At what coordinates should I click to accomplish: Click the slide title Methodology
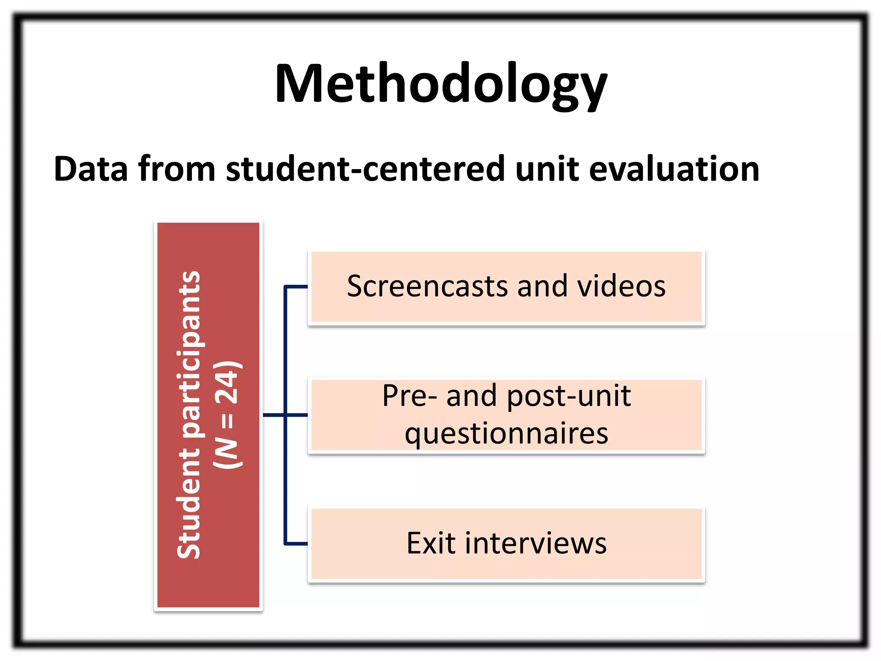click(440, 84)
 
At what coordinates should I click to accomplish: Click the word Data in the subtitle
click(90, 169)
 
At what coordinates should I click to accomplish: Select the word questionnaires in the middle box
click(506, 433)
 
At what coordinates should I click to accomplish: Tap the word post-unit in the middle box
click(569, 395)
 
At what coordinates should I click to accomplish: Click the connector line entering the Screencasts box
click(296, 286)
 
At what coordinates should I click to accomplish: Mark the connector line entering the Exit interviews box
click(296, 544)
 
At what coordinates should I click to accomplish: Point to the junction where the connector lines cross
click(285, 415)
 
